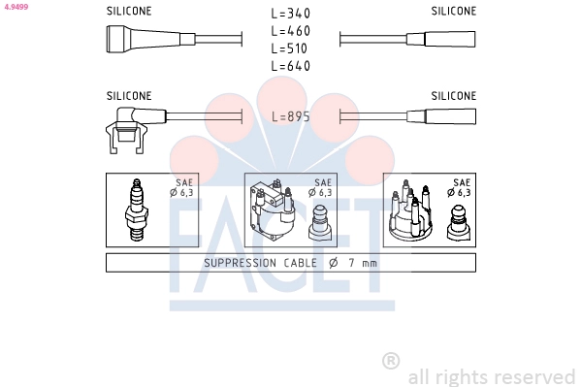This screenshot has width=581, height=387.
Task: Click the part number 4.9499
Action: click(16, 6)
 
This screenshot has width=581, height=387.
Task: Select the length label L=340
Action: click(291, 14)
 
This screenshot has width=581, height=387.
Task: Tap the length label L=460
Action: click(291, 31)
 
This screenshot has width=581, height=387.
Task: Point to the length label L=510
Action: click(289, 48)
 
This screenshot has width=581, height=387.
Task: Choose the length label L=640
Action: click(291, 66)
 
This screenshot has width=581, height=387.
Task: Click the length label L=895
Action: click(291, 116)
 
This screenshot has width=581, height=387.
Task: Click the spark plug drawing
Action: click(137, 210)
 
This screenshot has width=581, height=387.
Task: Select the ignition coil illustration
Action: click(273, 210)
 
